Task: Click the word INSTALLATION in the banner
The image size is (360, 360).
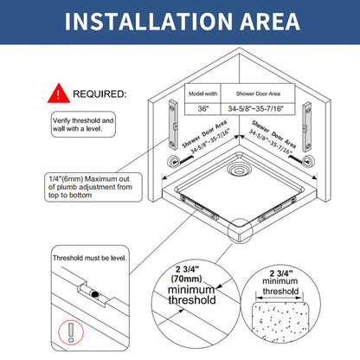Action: (x=149, y=22)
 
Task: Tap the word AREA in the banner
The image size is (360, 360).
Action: (x=270, y=22)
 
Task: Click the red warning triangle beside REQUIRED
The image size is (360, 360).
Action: (x=59, y=93)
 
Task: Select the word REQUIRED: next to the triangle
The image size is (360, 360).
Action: (x=100, y=93)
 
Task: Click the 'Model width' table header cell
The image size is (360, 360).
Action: (x=202, y=93)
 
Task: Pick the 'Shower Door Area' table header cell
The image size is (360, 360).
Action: (x=258, y=93)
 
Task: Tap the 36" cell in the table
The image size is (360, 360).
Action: (x=202, y=109)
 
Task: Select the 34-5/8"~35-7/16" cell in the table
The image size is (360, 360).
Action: (x=256, y=109)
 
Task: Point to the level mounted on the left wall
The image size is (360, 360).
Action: (x=173, y=125)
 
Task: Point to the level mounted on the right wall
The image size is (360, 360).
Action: (x=307, y=126)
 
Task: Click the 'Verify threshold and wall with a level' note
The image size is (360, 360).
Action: (x=83, y=125)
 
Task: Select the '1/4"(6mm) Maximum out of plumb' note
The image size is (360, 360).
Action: (x=93, y=187)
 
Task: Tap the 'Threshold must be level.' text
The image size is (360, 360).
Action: (x=90, y=258)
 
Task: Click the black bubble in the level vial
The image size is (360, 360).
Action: (x=94, y=294)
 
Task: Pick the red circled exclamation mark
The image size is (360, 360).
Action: (x=71, y=332)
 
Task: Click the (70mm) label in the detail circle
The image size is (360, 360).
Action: (x=186, y=279)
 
